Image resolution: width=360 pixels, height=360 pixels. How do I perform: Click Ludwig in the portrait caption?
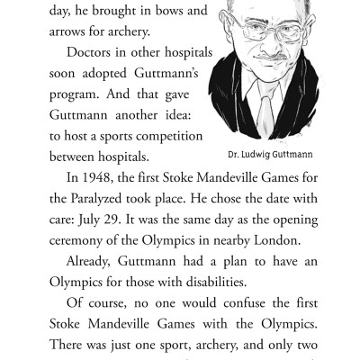(250, 154)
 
